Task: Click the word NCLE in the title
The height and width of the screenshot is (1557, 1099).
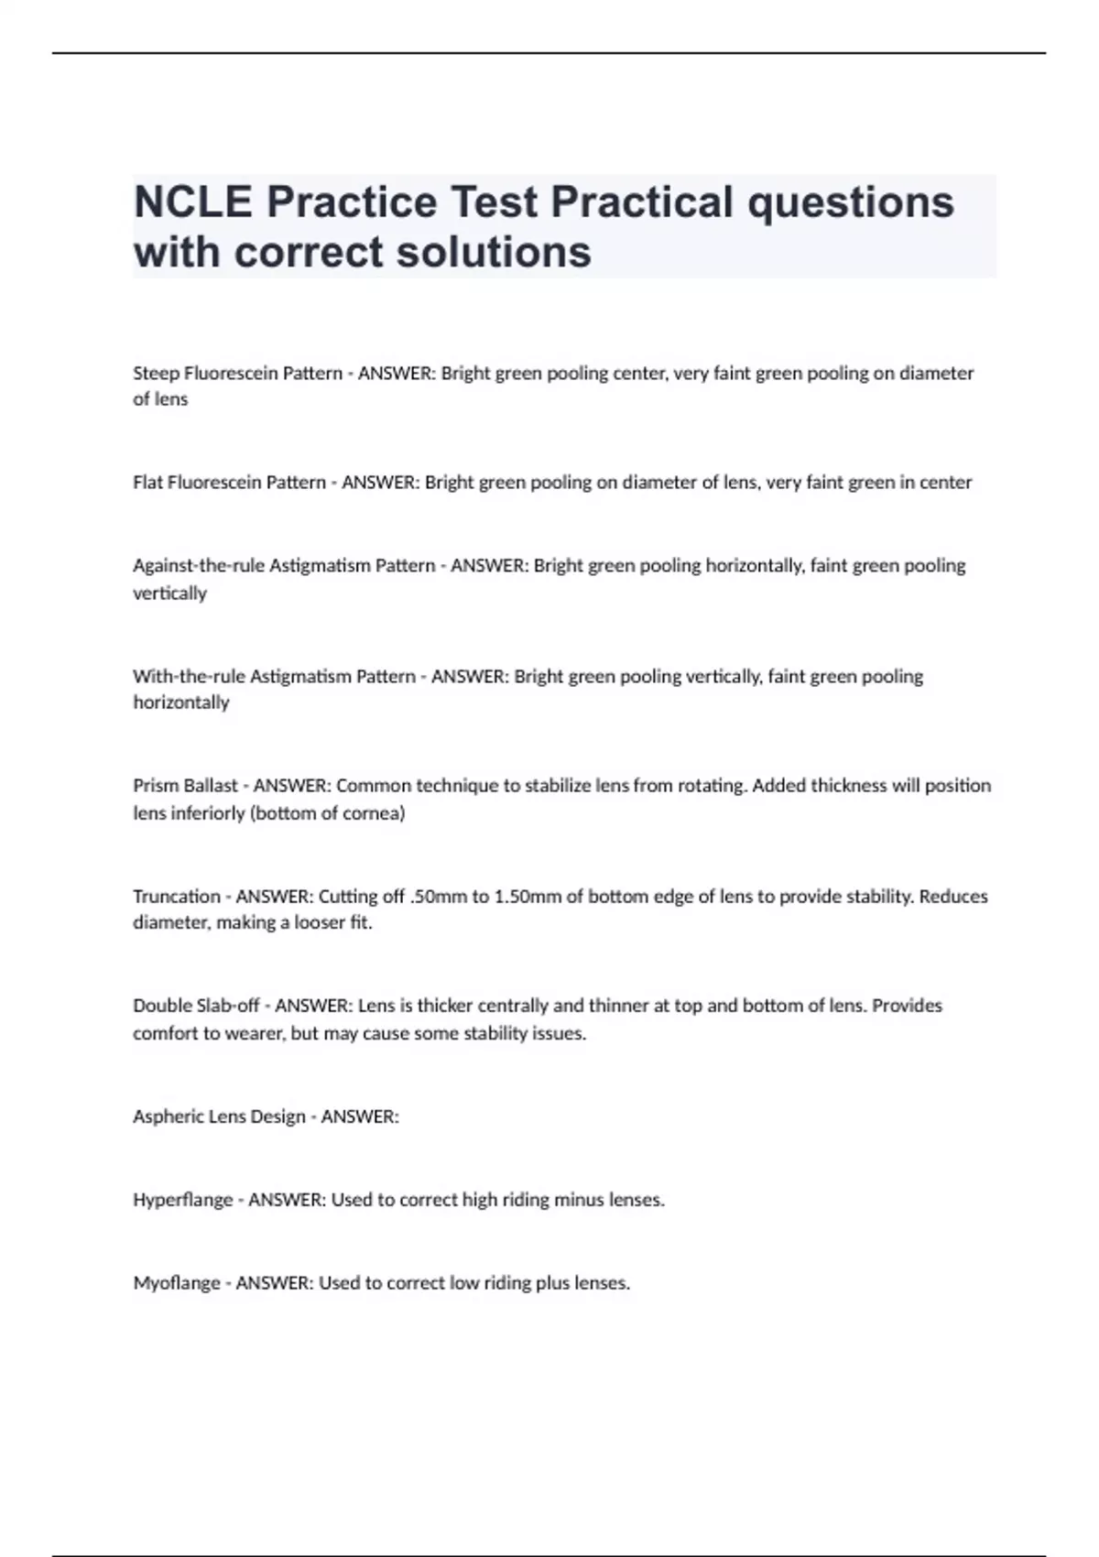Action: coord(192,202)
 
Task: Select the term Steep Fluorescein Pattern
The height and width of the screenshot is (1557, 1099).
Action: coord(237,374)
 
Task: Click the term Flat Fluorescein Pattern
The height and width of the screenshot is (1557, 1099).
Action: coord(229,483)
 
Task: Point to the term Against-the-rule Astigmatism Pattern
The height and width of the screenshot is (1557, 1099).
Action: coord(284,566)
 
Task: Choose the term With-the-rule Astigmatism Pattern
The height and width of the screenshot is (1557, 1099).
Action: coord(274,677)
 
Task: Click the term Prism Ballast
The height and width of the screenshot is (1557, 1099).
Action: coord(185,786)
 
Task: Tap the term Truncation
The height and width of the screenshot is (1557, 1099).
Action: coord(177,897)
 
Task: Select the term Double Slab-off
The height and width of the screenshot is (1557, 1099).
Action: coord(196,1006)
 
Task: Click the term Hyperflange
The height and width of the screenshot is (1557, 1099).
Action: coord(183,1200)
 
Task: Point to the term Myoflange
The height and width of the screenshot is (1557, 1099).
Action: coord(177,1283)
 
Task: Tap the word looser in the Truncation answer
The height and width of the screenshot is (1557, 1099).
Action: coord(321,923)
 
